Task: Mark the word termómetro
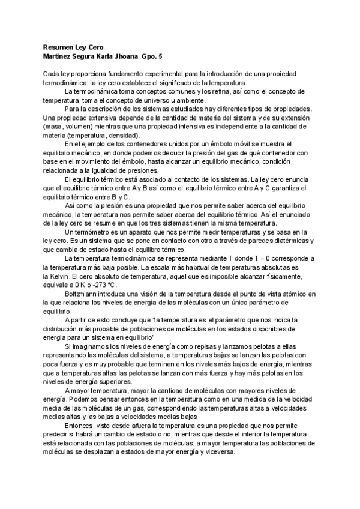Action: click(92, 232)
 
